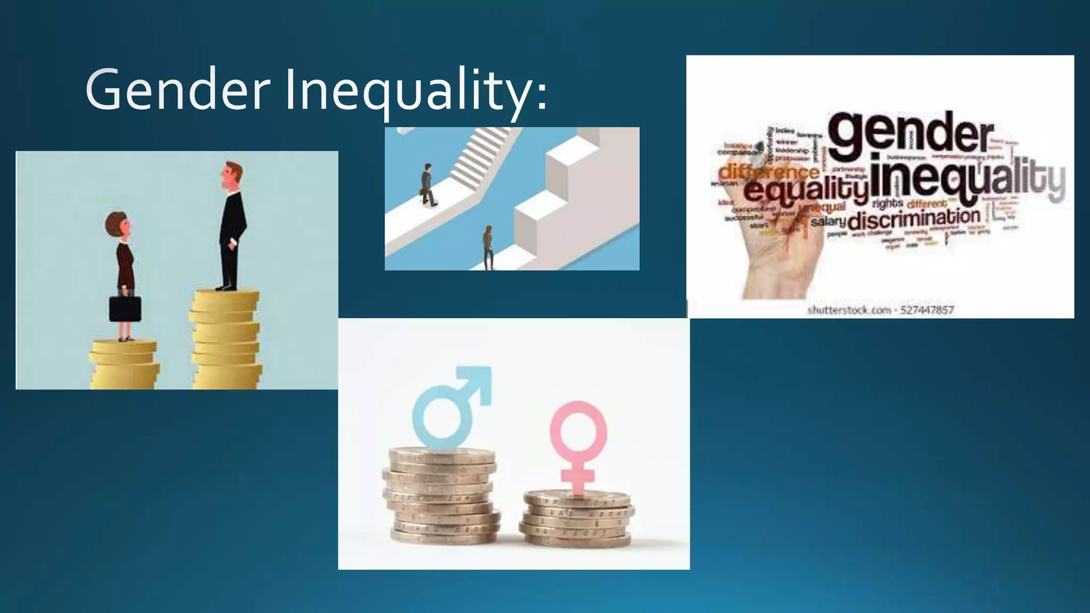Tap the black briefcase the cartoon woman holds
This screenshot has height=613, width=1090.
126,309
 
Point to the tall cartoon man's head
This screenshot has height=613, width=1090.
233,178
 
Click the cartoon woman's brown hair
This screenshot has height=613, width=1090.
115,223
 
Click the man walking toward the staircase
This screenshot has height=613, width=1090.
428,185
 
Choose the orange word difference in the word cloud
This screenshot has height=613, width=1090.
769,171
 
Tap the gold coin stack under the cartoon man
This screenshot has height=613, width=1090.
226,341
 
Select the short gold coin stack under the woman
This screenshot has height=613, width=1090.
125,365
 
